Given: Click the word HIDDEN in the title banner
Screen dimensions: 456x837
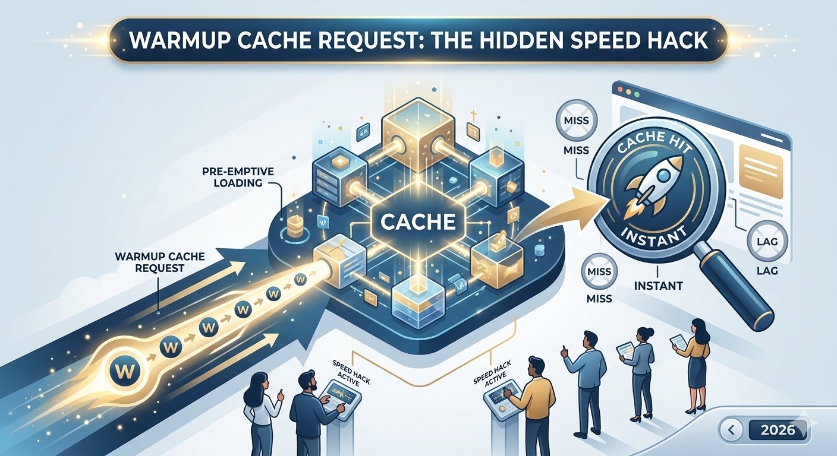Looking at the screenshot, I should (x=499, y=40).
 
